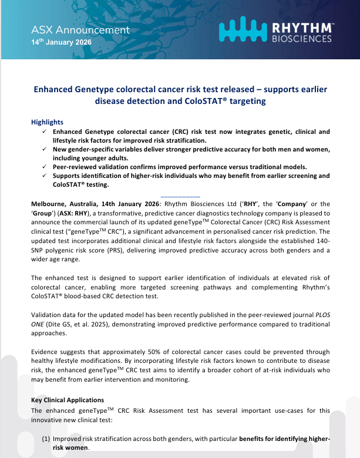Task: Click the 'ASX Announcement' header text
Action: [x=80, y=30]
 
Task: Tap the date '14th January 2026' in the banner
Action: [x=62, y=43]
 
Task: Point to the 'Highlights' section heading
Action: [x=47, y=122]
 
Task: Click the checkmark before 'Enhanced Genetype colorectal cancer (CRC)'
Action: [x=44, y=132]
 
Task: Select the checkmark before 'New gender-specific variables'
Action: [x=44, y=150]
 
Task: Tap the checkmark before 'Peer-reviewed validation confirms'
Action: [x=44, y=167]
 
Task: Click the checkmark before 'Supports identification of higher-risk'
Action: [x=44, y=176]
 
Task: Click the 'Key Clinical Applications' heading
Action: [x=67, y=400]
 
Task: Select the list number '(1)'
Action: [x=46, y=439]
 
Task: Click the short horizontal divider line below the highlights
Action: [x=180, y=196]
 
